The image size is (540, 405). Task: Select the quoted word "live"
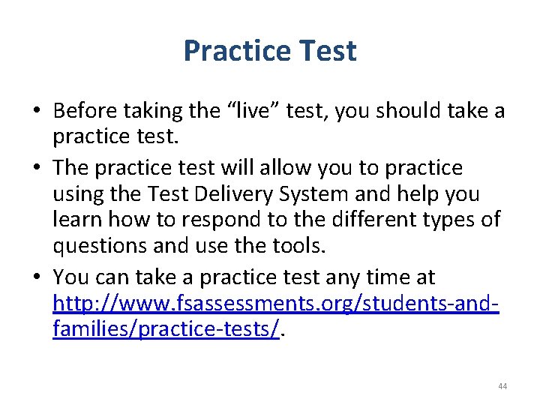pos(254,111)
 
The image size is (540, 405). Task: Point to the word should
pos(404,111)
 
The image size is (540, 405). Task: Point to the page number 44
pos(502,386)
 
